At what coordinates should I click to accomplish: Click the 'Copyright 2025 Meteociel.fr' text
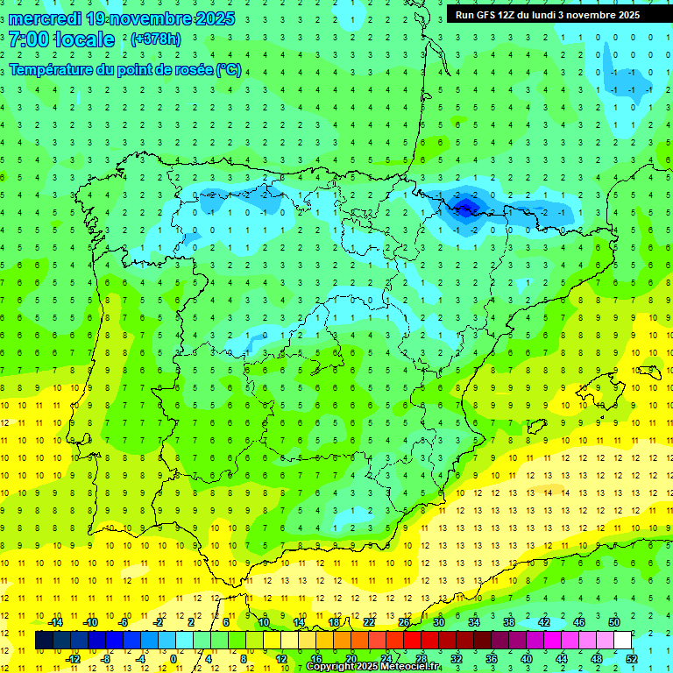[x=372, y=667]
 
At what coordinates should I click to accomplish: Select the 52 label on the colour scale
[x=633, y=658]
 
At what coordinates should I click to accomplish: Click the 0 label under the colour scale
[x=173, y=658]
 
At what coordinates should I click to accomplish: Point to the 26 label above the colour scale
[x=404, y=622]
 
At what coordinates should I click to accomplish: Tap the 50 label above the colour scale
[x=614, y=622]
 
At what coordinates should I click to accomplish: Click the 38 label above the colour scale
[x=509, y=622]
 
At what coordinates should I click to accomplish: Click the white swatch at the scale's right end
[x=623, y=641]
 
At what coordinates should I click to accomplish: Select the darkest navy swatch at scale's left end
[x=44, y=641]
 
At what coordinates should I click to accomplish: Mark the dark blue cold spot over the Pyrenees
[x=464, y=205]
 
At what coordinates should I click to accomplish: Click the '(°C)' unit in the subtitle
[x=229, y=70]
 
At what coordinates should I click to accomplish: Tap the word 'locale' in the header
[x=83, y=39]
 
